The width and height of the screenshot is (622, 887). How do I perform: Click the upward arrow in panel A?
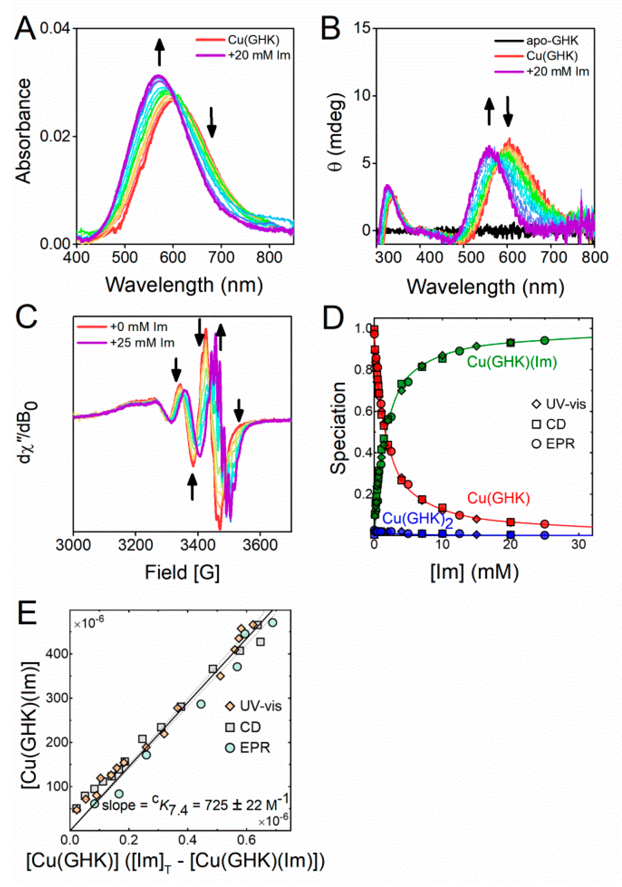[x=159, y=52]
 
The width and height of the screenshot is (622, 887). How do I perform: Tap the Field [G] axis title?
[x=182, y=572]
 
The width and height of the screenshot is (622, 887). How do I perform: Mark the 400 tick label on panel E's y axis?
[x=57, y=654]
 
